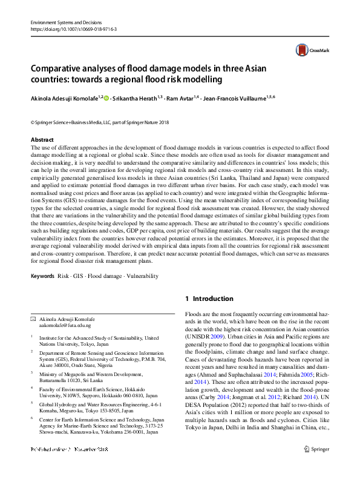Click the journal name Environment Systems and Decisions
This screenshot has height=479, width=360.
[67, 22]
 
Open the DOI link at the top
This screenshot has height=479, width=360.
[73, 28]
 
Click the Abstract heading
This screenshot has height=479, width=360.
[42, 139]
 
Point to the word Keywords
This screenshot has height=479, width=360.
[42, 276]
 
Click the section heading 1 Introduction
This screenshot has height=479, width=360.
[209, 299]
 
